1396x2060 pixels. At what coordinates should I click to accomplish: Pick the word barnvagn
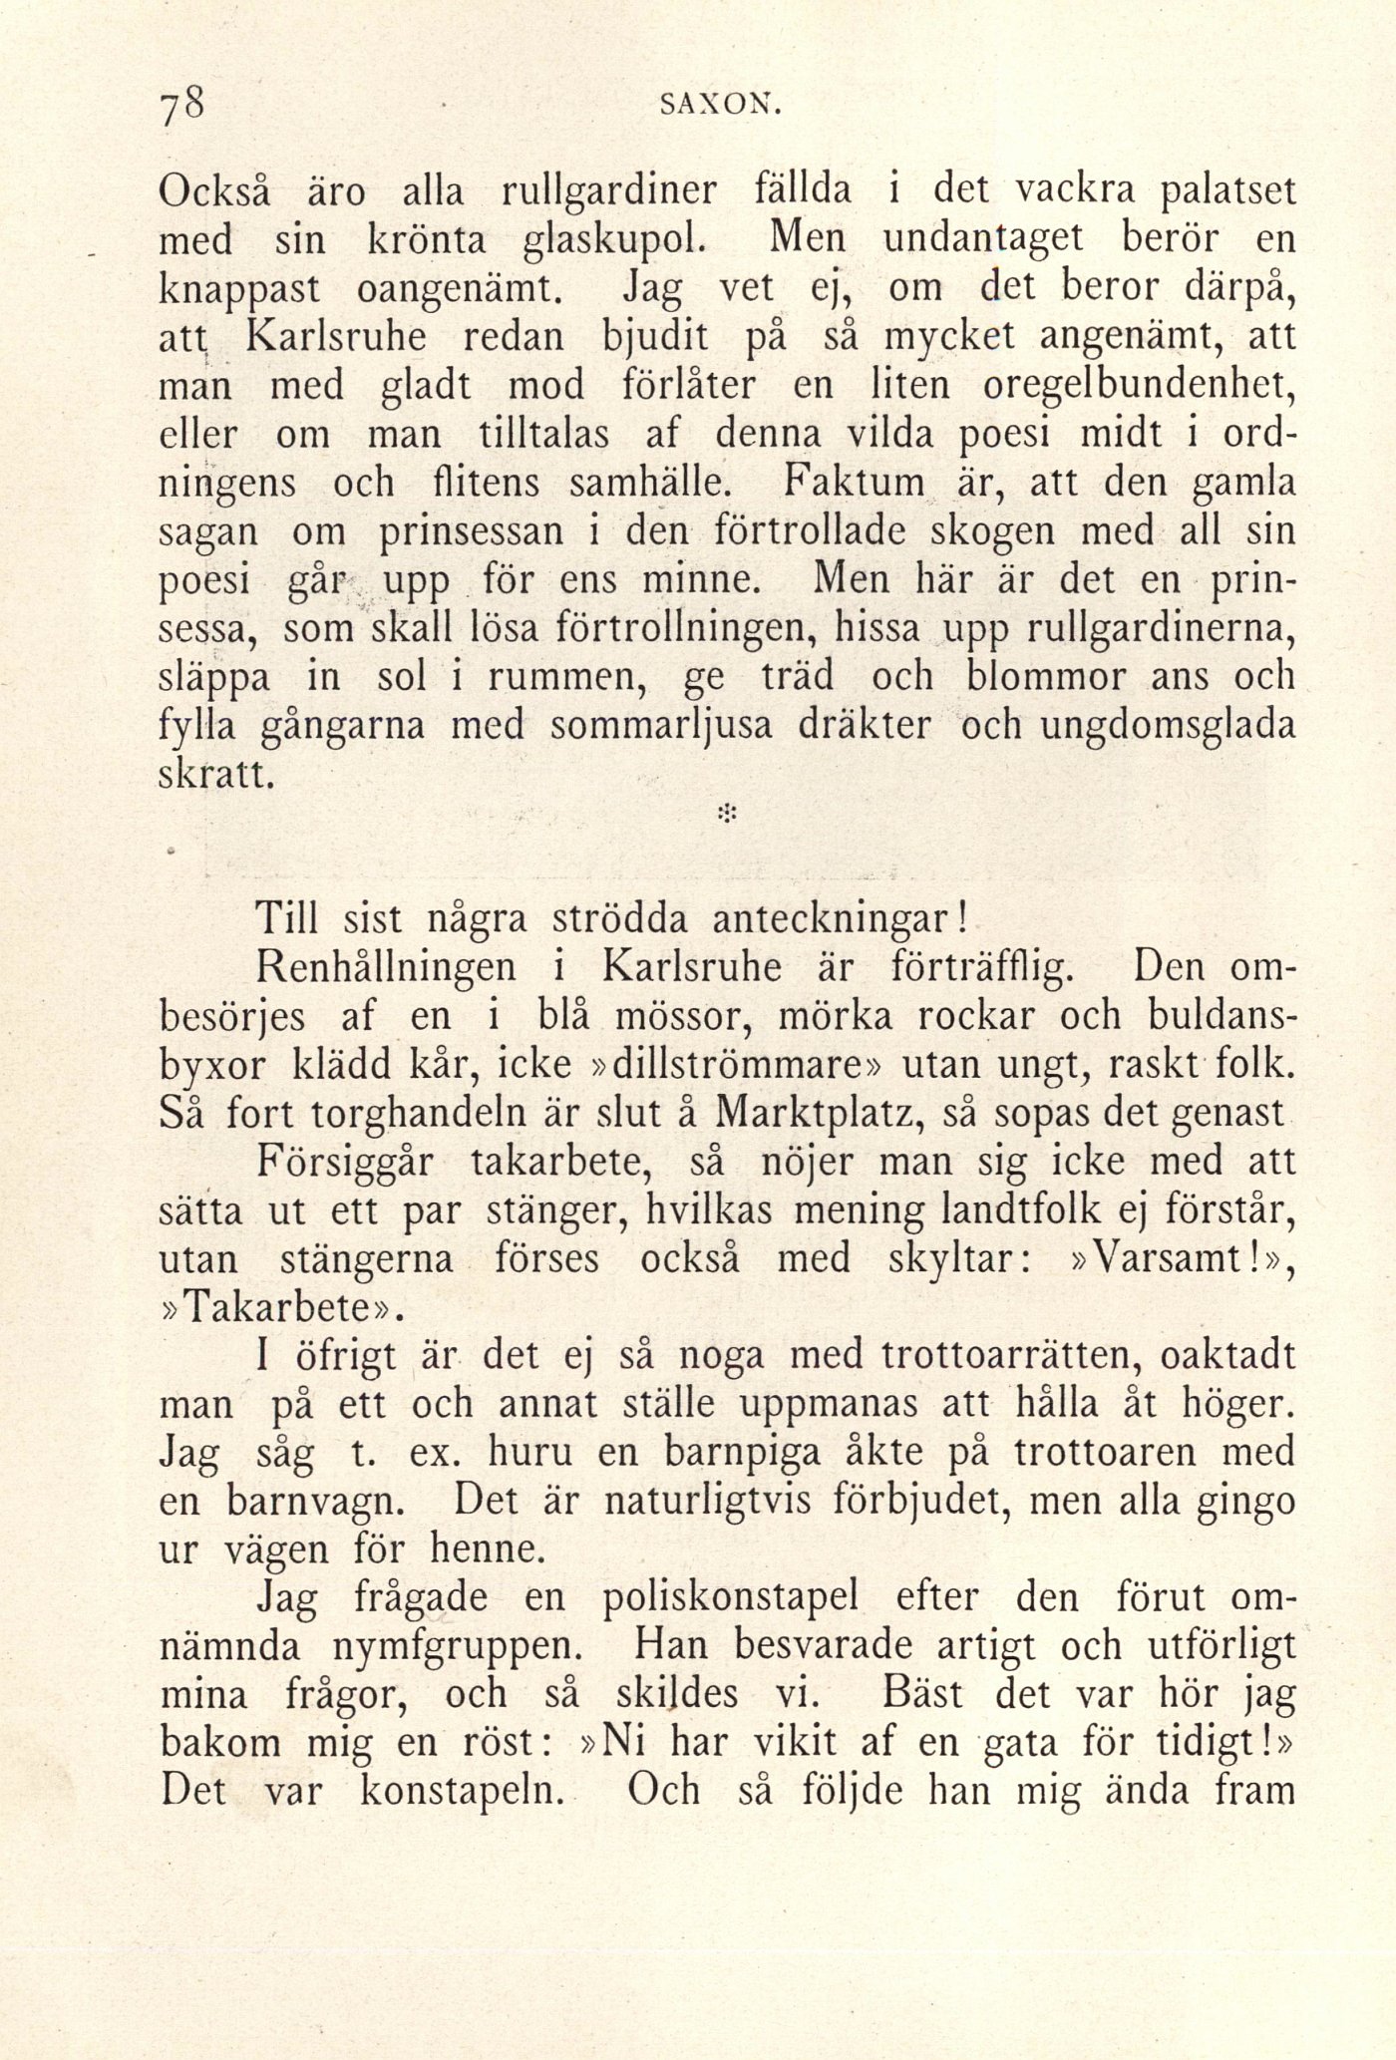[327, 1502]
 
